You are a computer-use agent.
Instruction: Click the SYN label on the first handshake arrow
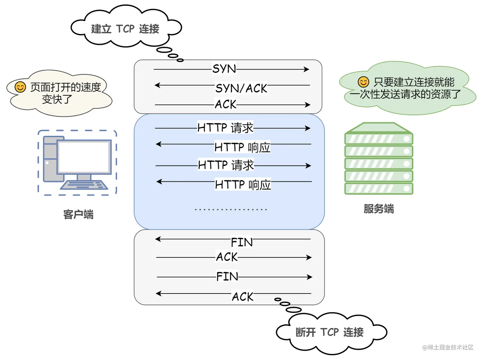coord(224,69)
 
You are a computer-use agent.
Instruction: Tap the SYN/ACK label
coord(241,88)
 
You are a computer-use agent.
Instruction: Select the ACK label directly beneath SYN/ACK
coord(226,104)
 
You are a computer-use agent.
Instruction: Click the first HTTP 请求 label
coord(225,128)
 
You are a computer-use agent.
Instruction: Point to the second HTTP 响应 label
coord(243,184)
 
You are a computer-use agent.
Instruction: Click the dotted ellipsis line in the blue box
coord(231,209)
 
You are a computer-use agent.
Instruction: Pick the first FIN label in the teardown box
coord(242,242)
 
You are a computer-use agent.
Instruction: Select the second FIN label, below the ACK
coord(227,277)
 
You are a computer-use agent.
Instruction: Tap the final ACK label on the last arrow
coord(242,297)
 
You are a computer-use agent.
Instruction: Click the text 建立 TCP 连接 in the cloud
coord(125,29)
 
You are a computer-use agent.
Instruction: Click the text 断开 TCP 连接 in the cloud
coord(329,332)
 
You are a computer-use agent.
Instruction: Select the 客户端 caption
coord(78,214)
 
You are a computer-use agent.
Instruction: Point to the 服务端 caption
coord(379,208)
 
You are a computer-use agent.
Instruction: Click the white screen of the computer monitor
coord(84,157)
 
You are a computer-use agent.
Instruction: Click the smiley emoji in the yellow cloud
coord(20,87)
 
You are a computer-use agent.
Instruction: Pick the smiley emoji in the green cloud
coord(363,82)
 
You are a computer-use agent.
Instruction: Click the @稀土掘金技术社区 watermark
coord(448,347)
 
